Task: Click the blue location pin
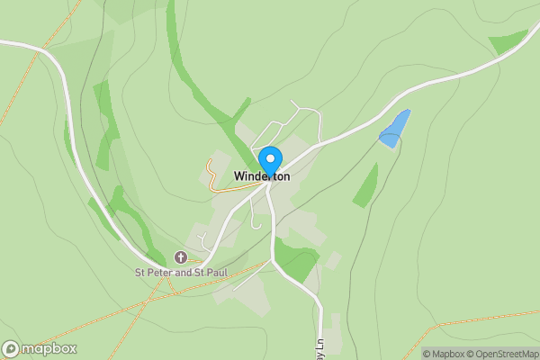(269, 161)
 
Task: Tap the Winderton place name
(262, 176)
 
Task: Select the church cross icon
(180, 257)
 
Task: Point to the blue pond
(394, 129)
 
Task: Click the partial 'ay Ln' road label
(319, 346)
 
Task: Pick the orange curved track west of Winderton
(213, 178)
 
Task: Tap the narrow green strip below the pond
(365, 186)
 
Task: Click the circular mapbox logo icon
(11, 349)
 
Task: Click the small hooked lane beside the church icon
(202, 240)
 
